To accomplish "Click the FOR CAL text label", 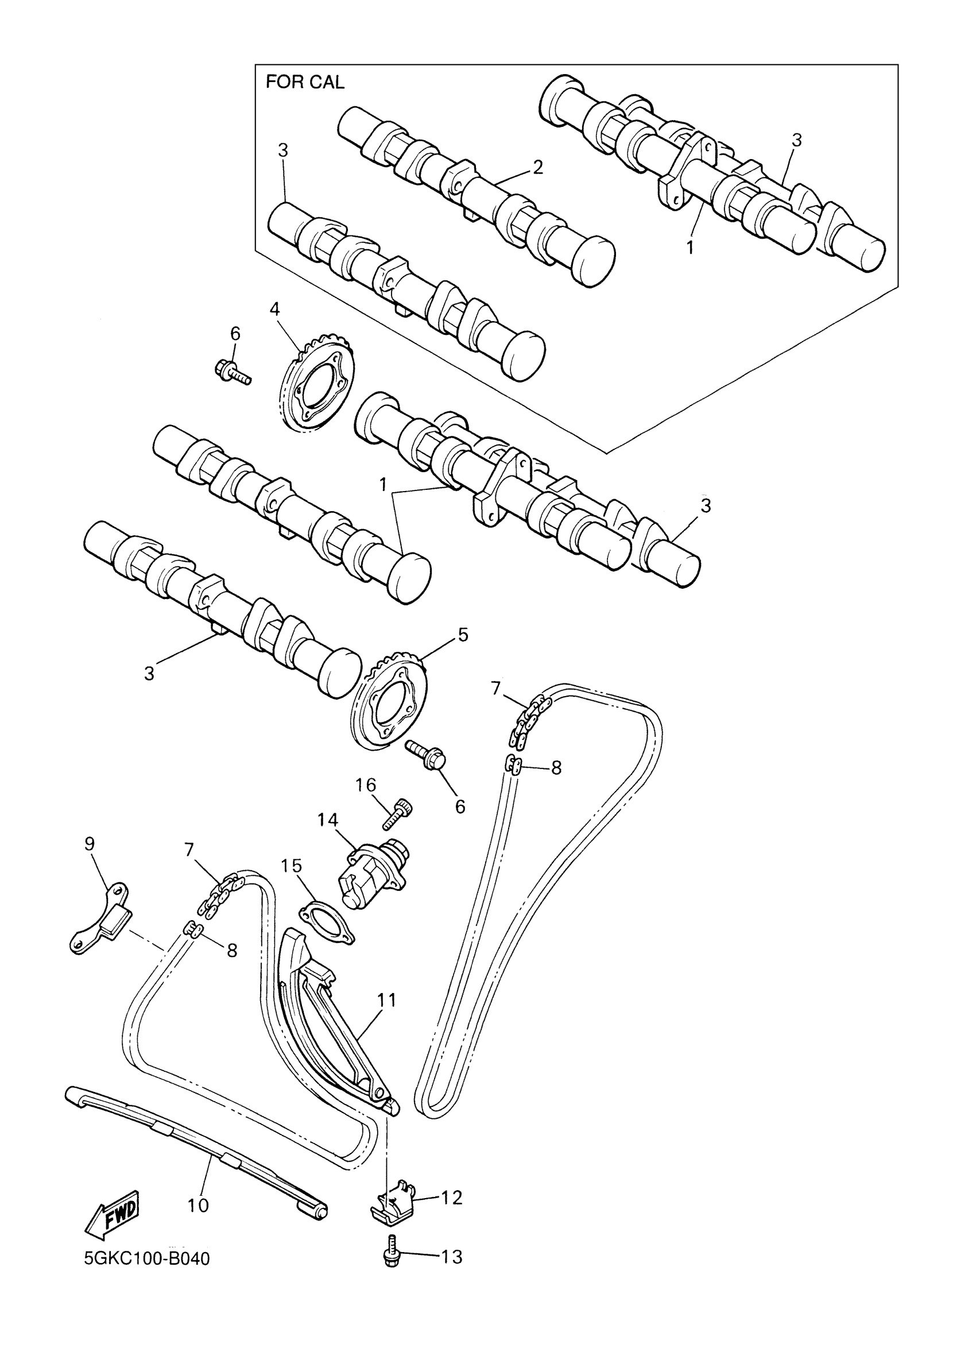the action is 305,82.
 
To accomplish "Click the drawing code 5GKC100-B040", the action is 147,1276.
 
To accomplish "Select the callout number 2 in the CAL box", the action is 537,167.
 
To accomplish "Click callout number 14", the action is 327,820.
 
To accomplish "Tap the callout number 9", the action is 89,844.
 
